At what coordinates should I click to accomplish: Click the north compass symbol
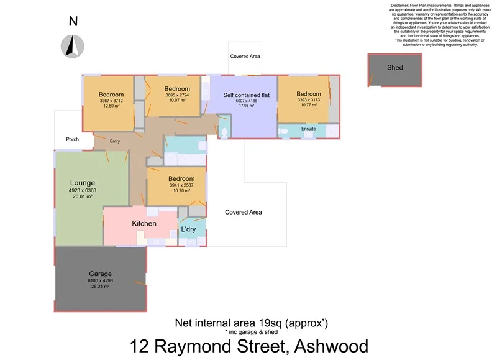pos(73,45)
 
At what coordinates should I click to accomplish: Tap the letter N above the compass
pos(73,21)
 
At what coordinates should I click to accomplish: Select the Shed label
pos(394,68)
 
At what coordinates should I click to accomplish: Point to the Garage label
pos(100,274)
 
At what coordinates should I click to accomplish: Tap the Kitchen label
pos(144,224)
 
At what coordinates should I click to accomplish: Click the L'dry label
pos(189,229)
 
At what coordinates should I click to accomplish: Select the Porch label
pos(72,139)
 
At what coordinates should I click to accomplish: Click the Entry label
pos(115,141)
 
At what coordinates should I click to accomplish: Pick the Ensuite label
pos(309,129)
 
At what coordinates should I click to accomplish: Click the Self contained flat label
pos(247,95)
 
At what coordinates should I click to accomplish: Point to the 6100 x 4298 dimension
pos(100,281)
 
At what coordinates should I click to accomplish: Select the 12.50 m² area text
pos(111,106)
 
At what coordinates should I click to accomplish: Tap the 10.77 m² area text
pos(308,105)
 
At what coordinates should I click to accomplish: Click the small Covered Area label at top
pos(245,57)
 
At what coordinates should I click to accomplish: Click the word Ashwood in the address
pos(332,346)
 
